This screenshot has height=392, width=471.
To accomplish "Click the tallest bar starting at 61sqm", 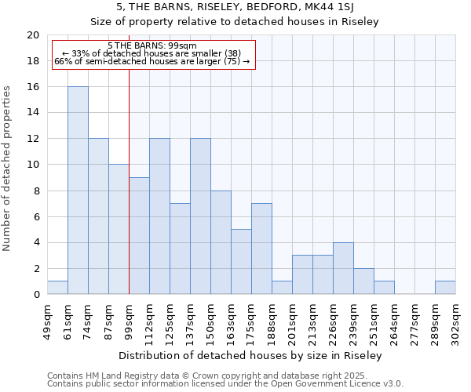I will point(78,191).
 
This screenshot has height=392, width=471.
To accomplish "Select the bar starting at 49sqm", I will point(57,288).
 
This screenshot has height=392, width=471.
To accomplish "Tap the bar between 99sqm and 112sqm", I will point(139,236).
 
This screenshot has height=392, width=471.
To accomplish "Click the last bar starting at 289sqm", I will point(445,288).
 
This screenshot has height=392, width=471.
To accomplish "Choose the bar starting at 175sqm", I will point(261,249).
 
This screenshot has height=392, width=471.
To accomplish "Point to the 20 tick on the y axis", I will point(33,35).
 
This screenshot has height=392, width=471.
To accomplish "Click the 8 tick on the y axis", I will point(36,191).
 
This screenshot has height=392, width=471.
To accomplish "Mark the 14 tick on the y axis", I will point(33,113).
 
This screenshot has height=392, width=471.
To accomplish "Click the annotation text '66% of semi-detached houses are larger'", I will point(152,61).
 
